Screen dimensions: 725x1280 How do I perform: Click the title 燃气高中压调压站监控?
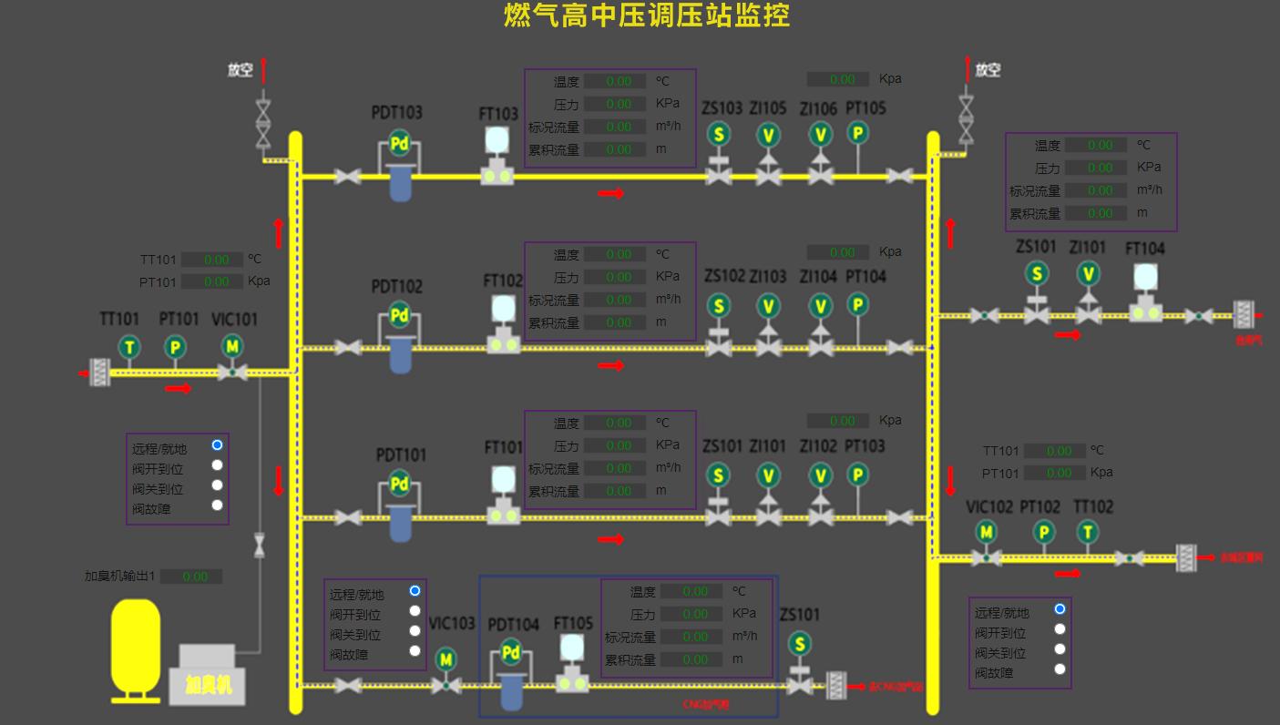tap(647, 15)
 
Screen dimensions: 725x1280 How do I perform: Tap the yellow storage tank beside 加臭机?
tap(135, 648)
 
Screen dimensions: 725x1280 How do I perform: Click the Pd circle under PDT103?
tap(399, 142)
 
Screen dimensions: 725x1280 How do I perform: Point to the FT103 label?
tap(498, 114)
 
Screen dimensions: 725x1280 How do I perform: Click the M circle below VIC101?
tap(232, 346)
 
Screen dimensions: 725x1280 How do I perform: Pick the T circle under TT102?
tap(1087, 532)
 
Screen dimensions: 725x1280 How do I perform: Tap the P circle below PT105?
tap(857, 134)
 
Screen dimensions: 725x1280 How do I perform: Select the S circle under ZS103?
tap(719, 135)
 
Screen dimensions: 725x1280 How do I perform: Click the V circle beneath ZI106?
tap(821, 135)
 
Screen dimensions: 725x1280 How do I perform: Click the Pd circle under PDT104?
tap(510, 652)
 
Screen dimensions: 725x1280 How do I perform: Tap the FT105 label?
tap(573, 624)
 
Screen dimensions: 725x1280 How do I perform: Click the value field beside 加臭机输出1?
tap(196, 577)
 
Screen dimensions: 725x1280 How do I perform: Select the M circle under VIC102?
tap(986, 532)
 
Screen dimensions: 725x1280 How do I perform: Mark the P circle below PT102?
tap(1044, 532)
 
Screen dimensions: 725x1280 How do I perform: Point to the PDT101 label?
tap(401, 454)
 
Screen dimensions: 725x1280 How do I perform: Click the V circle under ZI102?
tap(821, 475)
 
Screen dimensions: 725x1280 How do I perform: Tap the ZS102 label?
tap(724, 276)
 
